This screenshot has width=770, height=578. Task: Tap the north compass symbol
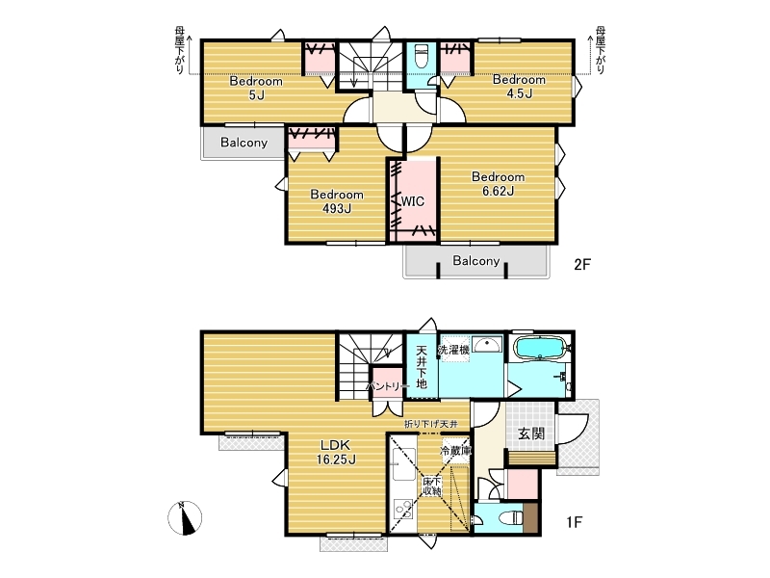pos(185,518)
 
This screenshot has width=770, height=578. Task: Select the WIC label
pos(413,201)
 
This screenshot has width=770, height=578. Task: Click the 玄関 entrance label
pos(531,433)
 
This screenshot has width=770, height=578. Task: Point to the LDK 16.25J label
pos(336,452)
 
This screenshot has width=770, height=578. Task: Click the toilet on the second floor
pos(422,56)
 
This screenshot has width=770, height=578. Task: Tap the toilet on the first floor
pos(510,517)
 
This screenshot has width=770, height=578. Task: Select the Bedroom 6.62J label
pos(498,184)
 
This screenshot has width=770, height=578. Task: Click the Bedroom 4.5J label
pos(519,87)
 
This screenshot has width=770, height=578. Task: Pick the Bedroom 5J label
pos(256,88)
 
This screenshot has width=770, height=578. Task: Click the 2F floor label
pos(582,264)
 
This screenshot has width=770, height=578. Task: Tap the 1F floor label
pos(574,521)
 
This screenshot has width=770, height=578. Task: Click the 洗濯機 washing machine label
pos(453,350)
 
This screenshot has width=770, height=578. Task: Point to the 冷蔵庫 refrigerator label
pos(455,450)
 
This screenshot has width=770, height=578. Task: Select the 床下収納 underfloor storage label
pos(431,486)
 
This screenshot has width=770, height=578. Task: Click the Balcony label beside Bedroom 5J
pos(244,143)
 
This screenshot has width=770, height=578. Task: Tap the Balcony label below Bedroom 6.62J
pos(475,260)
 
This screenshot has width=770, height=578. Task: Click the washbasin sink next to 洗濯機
pos(487,344)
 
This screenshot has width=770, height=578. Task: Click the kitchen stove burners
pos(403,510)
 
